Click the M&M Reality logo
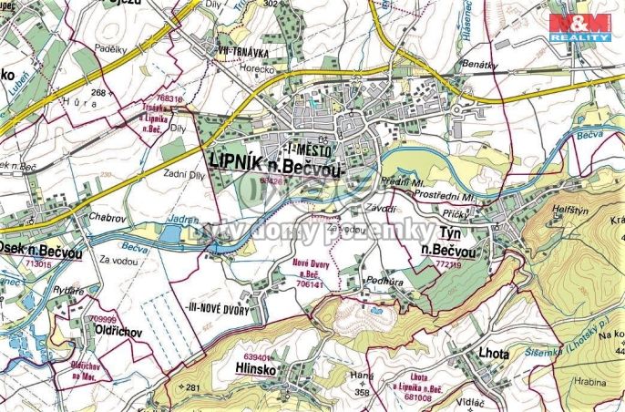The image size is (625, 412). point(579,26)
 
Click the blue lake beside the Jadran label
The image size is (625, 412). point(169,234)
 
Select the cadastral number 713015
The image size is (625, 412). point(39,263)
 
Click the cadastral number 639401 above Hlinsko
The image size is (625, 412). point(234,357)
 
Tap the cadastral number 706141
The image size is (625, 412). point(311,283)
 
